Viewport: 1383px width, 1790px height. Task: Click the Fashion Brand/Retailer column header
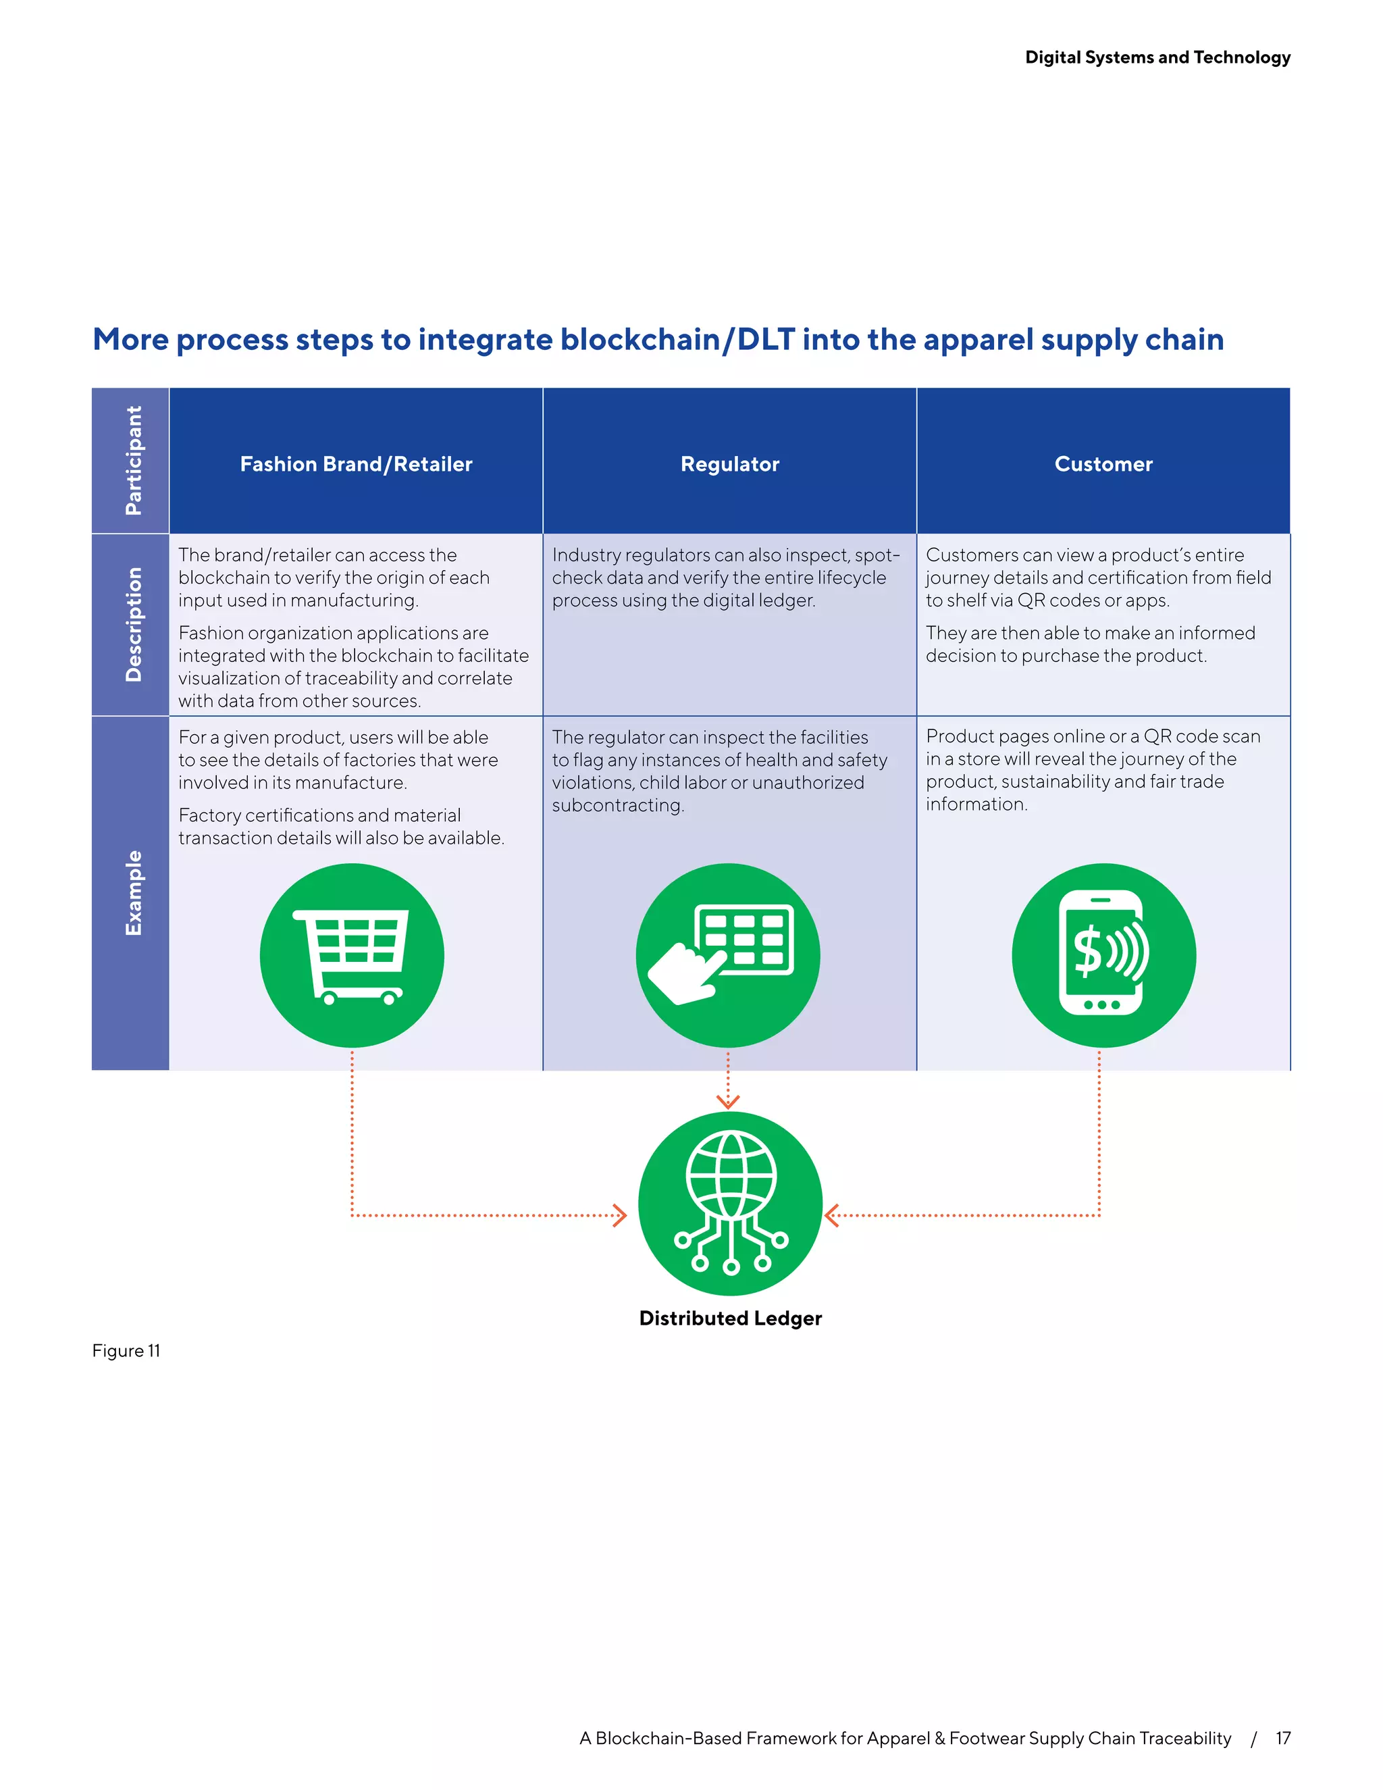pyautogui.click(x=356, y=464)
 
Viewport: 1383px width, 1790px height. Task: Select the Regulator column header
pyautogui.click(x=729, y=464)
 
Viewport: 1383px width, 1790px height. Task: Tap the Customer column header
pyautogui.click(x=1103, y=464)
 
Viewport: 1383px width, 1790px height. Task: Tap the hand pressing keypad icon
pyautogui.click(x=727, y=956)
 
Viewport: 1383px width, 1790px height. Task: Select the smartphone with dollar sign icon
pyautogui.click(x=1103, y=956)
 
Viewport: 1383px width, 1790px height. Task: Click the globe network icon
pyautogui.click(x=729, y=1203)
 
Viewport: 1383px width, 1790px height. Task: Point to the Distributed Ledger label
pyautogui.click(x=730, y=1318)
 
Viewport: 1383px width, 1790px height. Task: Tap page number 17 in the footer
pyautogui.click(x=1283, y=1739)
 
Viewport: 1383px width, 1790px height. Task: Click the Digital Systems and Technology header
pyautogui.click(x=1157, y=57)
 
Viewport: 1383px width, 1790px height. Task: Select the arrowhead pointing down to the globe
pyautogui.click(x=727, y=1102)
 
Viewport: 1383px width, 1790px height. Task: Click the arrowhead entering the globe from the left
pyautogui.click(x=620, y=1214)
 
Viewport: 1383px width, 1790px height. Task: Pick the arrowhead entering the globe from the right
pyautogui.click(x=831, y=1214)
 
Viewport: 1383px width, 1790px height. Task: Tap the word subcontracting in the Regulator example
pyautogui.click(x=617, y=806)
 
